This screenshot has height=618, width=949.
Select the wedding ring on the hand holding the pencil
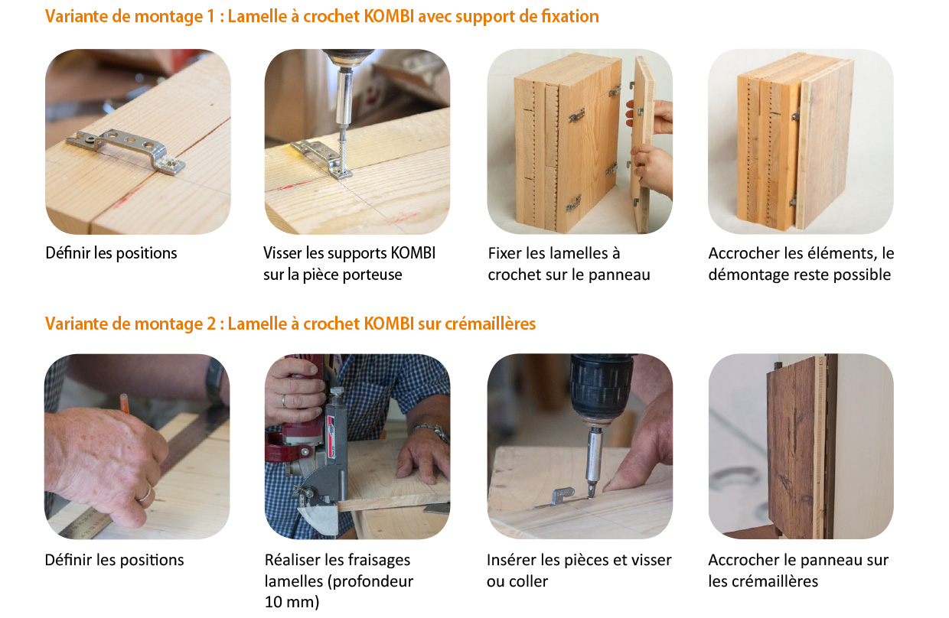(x=145, y=493)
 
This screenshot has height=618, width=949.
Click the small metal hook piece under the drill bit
(x=560, y=497)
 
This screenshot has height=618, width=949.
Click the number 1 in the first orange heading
(x=210, y=17)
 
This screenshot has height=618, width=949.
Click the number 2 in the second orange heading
(x=211, y=324)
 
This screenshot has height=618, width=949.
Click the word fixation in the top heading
(x=570, y=17)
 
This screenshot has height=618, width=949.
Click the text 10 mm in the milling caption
(x=292, y=602)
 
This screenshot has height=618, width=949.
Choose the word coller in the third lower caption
(x=529, y=581)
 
